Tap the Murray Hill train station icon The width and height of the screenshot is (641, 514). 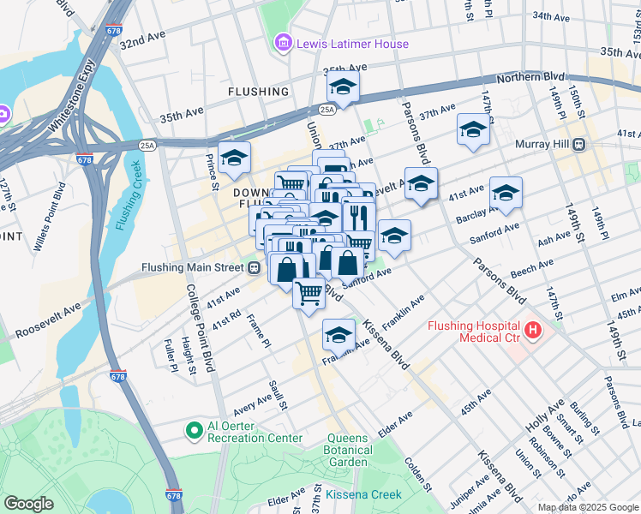tap(579, 144)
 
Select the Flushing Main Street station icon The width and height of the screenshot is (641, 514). tap(255, 267)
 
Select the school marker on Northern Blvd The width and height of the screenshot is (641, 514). tap(343, 87)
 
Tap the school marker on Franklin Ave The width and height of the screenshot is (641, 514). tap(338, 335)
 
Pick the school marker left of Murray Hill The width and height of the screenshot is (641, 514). tap(473, 129)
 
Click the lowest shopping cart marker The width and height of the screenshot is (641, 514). tap(309, 292)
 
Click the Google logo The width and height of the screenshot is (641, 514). tap(28, 504)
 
